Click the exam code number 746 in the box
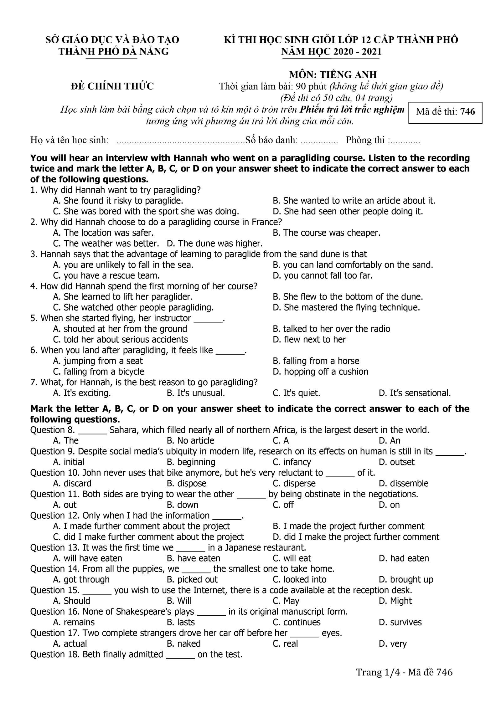[468, 112]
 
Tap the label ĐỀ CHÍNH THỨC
[112, 86]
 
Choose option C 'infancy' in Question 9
[292, 462]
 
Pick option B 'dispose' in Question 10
[187, 483]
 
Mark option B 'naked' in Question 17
[184, 644]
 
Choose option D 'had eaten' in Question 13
[404, 558]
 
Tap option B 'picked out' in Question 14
[192, 579]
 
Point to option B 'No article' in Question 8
[190, 441]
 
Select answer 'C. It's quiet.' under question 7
[297, 393]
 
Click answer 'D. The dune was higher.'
[215, 244]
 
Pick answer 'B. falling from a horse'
[316, 361]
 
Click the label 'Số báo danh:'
[271, 140]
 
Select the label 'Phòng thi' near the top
[365, 140]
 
